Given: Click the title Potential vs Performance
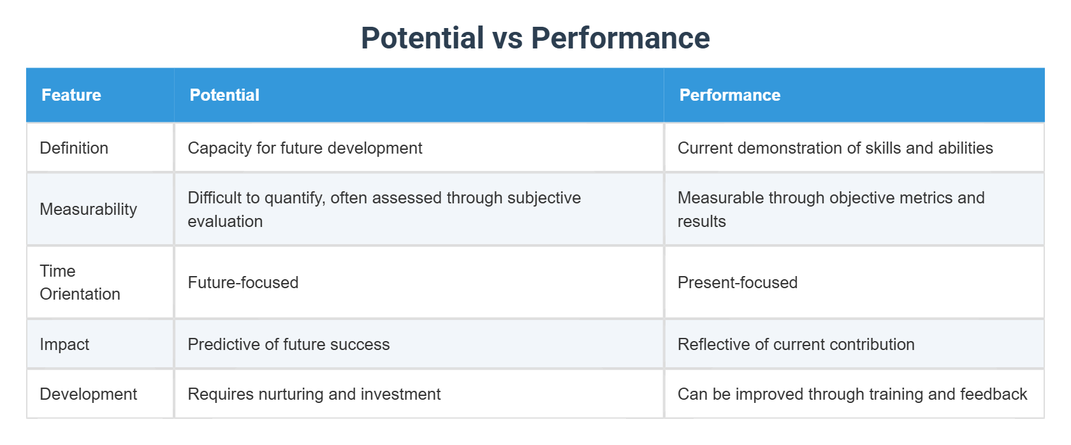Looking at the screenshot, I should pyautogui.click(x=535, y=38).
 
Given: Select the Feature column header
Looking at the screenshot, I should pyautogui.click(x=71, y=95).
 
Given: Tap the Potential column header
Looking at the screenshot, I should pyautogui.click(x=224, y=95).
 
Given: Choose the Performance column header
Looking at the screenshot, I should pyautogui.click(x=729, y=95).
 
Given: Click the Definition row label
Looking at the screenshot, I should pyautogui.click(x=74, y=148).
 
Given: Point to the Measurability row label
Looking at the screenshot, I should pyautogui.click(x=89, y=209).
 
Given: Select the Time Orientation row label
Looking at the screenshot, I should pyautogui.click(x=80, y=282).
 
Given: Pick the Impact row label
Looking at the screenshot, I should pyautogui.click(x=64, y=344).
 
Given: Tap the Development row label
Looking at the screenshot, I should pyautogui.click(x=89, y=394).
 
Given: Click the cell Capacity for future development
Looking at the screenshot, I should pyautogui.click(x=305, y=148).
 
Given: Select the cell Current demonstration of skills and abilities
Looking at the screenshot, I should pyautogui.click(x=835, y=148).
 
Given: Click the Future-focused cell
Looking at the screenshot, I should pyautogui.click(x=243, y=282).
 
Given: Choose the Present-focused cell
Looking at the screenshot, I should pyautogui.click(x=738, y=282).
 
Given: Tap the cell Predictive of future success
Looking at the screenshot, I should pyautogui.click(x=289, y=344).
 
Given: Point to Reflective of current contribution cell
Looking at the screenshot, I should pyautogui.click(x=796, y=344).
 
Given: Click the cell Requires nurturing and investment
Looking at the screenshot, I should pyautogui.click(x=314, y=394).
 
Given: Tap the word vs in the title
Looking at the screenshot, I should pyautogui.click(x=507, y=38).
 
